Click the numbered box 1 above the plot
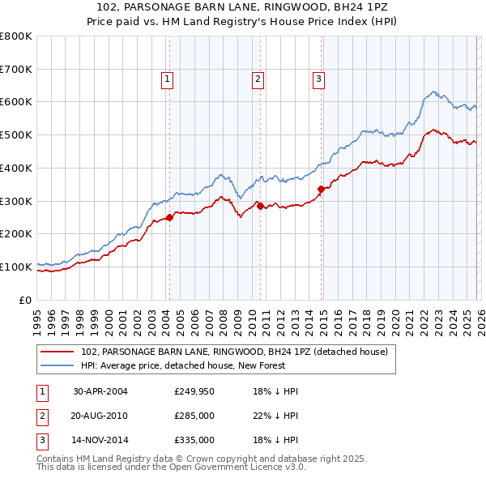[x=166, y=79]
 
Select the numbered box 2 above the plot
[x=257, y=79]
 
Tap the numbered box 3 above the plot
[x=318, y=79]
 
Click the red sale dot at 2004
[x=170, y=217]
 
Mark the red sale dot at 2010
[x=260, y=206]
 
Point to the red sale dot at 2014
[x=322, y=189]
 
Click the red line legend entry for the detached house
[x=235, y=352]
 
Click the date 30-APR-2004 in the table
[x=100, y=391]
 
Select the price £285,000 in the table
[x=194, y=416]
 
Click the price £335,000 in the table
[x=194, y=440]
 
